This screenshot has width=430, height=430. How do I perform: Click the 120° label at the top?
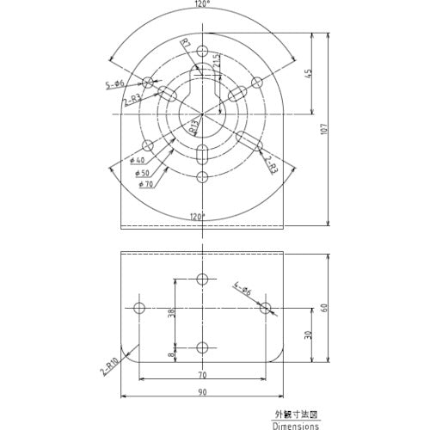tap(201, 5)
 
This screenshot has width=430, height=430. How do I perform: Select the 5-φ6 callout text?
tap(114, 84)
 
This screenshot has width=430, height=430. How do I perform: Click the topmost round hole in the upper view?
tap(202, 51)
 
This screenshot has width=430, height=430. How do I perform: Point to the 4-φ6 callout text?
tap(242, 289)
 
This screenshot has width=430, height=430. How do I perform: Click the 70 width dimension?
tap(201, 375)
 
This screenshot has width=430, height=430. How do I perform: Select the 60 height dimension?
tap(323, 308)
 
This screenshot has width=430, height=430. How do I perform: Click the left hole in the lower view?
tap(139, 307)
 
